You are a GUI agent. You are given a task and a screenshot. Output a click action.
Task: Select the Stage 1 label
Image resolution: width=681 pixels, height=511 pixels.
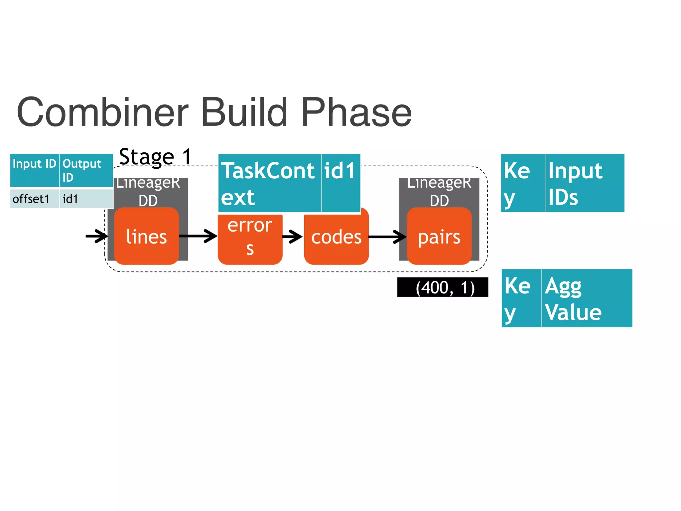click(155, 156)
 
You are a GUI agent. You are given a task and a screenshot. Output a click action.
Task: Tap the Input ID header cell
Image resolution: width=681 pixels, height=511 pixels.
click(35, 170)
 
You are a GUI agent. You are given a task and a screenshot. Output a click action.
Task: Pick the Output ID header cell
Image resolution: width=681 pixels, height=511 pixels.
click(86, 170)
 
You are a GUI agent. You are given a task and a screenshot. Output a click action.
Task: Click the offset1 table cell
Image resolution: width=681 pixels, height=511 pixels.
click(35, 199)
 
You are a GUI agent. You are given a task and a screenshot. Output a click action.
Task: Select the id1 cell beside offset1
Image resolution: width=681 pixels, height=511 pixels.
click(86, 199)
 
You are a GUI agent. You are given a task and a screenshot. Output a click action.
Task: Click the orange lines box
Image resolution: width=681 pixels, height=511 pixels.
click(146, 237)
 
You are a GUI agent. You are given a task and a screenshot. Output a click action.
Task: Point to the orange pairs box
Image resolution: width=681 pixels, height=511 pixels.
click(439, 237)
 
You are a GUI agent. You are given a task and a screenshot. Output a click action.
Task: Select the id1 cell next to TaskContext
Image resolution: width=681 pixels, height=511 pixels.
click(340, 183)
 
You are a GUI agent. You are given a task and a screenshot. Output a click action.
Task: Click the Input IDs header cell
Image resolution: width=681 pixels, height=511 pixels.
click(584, 183)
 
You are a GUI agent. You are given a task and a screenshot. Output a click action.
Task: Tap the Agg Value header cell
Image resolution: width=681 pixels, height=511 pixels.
click(587, 298)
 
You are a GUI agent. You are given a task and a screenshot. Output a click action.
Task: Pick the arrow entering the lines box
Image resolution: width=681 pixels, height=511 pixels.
click(97, 236)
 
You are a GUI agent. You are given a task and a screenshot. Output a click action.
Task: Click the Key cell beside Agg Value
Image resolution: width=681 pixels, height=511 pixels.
click(521, 298)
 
